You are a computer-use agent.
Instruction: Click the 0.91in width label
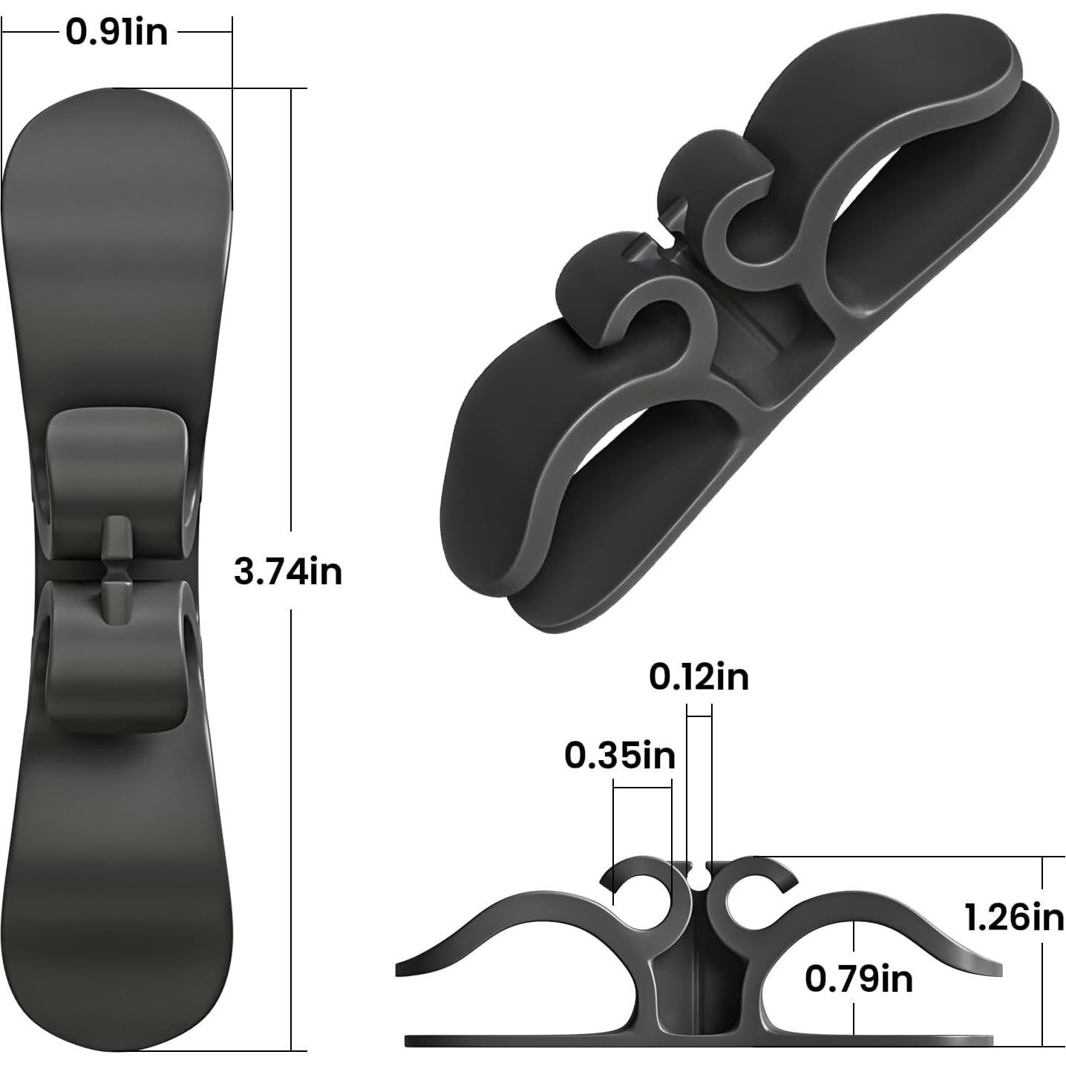[117, 33]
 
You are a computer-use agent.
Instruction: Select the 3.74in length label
[288, 572]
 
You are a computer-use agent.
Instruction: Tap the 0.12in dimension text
[699, 678]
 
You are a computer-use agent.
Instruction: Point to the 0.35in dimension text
[620, 756]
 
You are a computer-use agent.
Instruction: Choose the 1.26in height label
[1014, 918]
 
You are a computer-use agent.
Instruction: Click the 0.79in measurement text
[859, 979]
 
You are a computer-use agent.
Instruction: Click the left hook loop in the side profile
[642, 887]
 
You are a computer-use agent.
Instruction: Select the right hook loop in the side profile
[753, 887]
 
